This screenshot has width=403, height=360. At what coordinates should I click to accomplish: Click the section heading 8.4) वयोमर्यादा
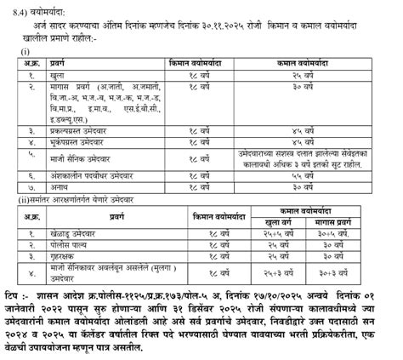point(32,9)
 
